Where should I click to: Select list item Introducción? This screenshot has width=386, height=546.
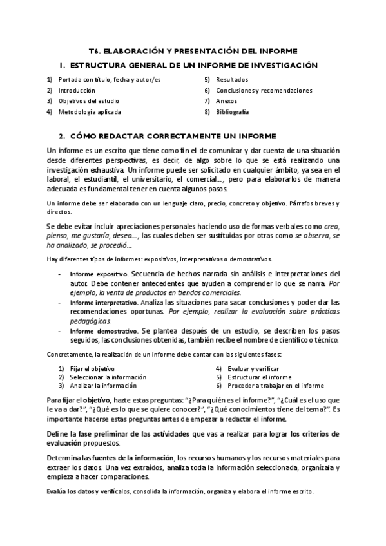click(x=77, y=91)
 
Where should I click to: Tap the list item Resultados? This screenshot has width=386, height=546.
click(x=232, y=80)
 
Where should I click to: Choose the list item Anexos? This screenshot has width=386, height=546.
click(x=227, y=101)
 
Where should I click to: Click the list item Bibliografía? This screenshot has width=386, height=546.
click(x=233, y=112)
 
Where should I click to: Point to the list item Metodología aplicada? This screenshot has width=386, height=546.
click(x=89, y=112)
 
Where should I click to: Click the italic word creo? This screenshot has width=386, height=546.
click(x=331, y=227)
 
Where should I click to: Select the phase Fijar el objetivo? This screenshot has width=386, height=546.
click(x=88, y=368)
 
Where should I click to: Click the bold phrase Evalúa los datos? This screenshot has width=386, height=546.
click(x=70, y=491)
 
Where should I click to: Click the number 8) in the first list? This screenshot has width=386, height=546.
click(x=207, y=112)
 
